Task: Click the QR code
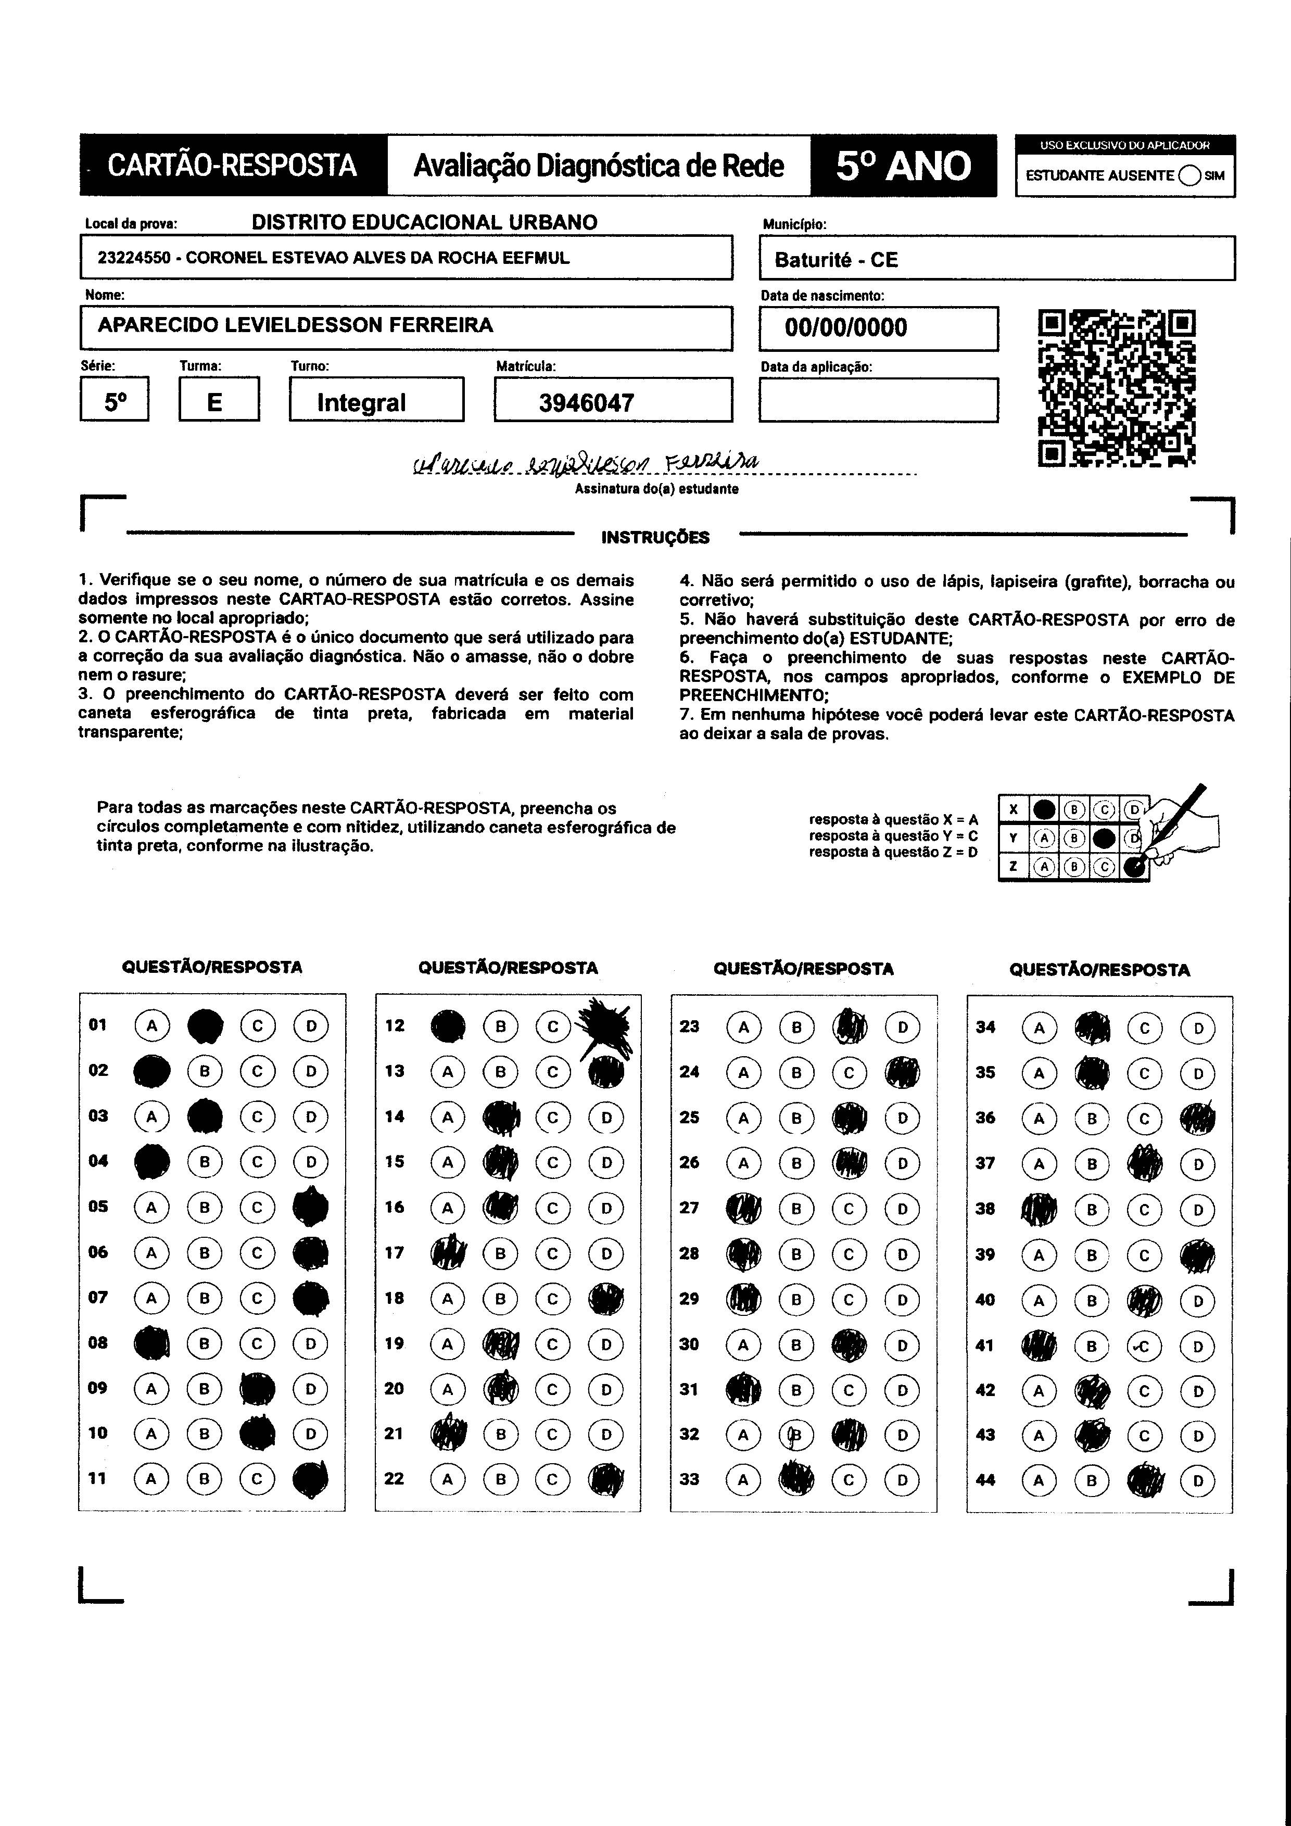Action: click(x=1117, y=387)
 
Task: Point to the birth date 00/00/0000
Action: click(x=845, y=327)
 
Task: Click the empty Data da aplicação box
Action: click(x=878, y=400)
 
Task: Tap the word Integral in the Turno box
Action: click(x=361, y=402)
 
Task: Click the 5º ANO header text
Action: click(x=903, y=166)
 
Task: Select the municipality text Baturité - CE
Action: click(x=836, y=260)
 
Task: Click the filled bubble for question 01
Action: click(x=205, y=1025)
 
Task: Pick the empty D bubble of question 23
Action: click(x=903, y=1026)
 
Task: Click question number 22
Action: click(x=395, y=1478)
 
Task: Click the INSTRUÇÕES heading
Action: click(x=655, y=538)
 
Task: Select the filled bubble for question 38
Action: click(x=1039, y=1210)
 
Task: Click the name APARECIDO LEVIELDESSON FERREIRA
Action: click(x=295, y=325)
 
